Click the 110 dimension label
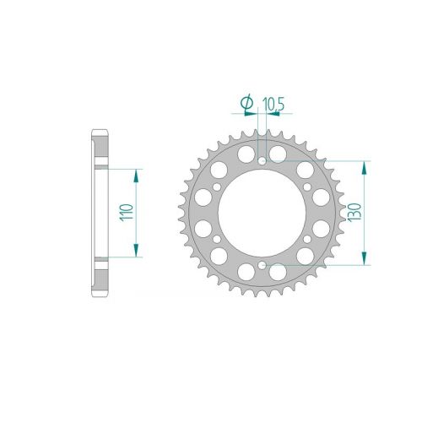pos(127,213)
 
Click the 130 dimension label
pos(354,213)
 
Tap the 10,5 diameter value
pos(273,105)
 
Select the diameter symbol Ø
pos(246,102)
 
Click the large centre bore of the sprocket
pos(262,214)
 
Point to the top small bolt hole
pos(262,161)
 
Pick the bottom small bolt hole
pos(262,265)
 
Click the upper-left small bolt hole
pos(217,187)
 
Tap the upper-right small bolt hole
pos(307,187)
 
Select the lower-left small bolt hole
pos(217,240)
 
